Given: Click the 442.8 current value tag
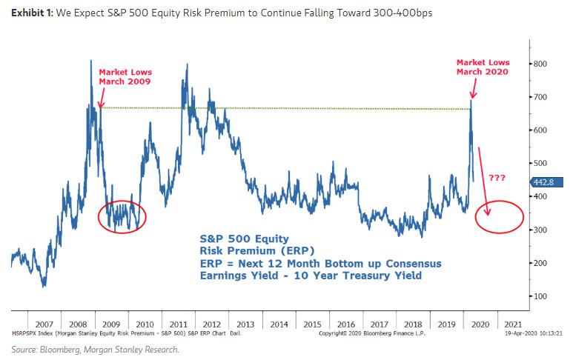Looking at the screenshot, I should (x=545, y=182).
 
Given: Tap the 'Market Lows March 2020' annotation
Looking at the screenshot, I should (x=481, y=67).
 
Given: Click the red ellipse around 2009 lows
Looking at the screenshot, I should (x=122, y=216).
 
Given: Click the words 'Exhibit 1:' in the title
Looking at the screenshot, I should (x=28, y=12).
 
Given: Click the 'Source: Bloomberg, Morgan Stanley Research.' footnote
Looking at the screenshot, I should (x=94, y=349).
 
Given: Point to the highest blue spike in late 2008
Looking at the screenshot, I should (x=91, y=62).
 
